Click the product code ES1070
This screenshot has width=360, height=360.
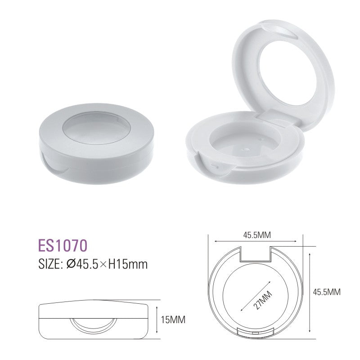pyautogui.click(x=63, y=246)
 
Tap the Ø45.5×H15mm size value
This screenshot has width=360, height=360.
pyautogui.click(x=107, y=264)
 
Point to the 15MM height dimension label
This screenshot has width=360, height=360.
pyautogui.click(x=173, y=320)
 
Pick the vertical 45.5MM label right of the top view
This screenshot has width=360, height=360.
pyautogui.click(x=327, y=292)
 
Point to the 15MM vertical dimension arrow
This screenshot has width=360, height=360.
pyautogui.click(x=156, y=320)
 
